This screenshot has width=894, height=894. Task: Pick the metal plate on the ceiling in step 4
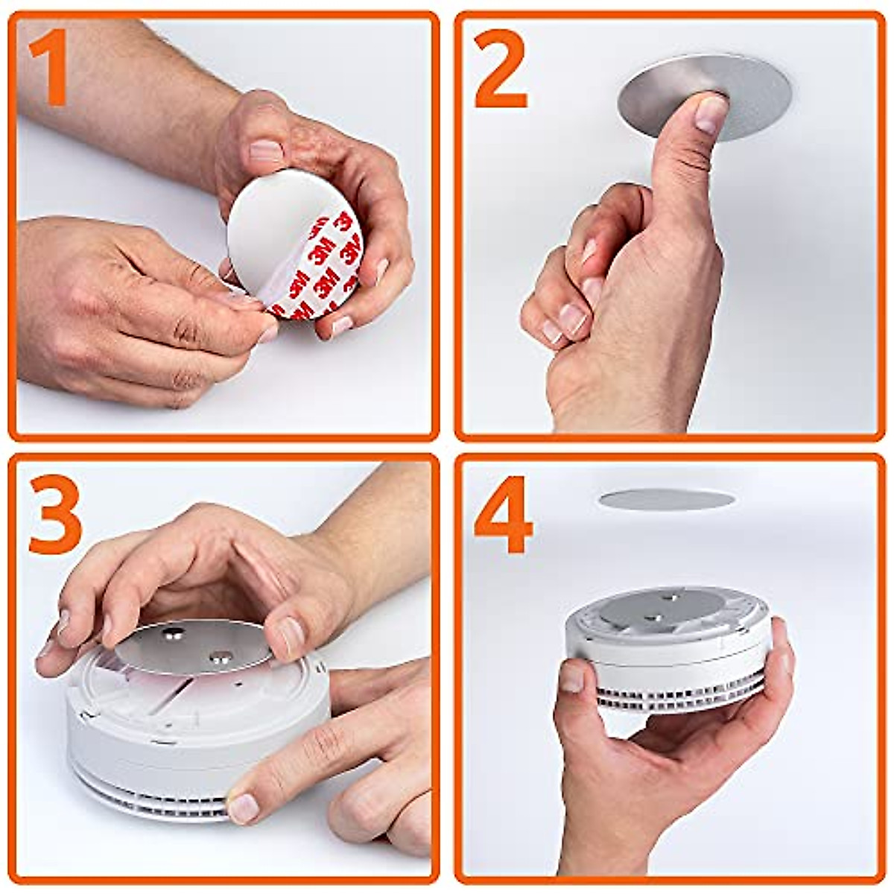click(665, 499)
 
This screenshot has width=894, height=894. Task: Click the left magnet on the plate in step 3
click(176, 635)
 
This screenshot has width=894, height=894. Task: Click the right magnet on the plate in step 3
click(221, 656)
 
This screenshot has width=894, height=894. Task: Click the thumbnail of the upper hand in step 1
click(266, 151)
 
